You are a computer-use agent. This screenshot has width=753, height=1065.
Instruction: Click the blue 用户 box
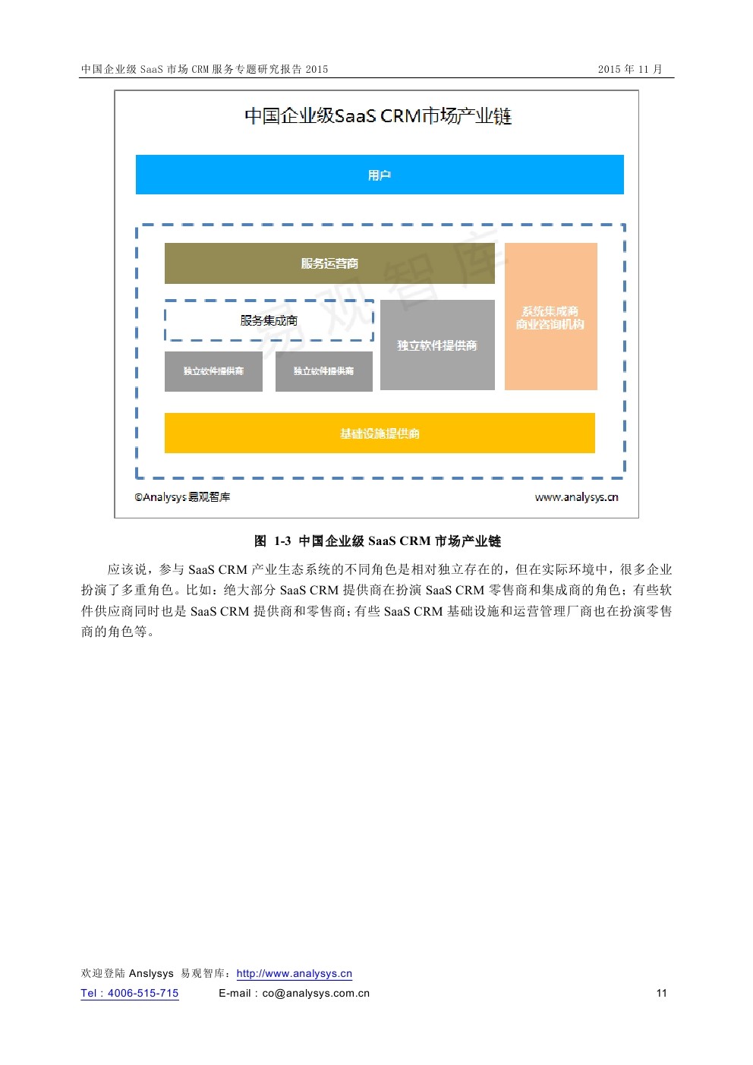click(x=380, y=175)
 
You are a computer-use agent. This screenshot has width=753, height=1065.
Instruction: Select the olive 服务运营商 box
click(x=329, y=263)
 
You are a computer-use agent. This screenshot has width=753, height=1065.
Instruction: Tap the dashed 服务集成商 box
click(x=269, y=320)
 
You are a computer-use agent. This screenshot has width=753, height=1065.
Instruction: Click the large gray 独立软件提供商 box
click(x=437, y=345)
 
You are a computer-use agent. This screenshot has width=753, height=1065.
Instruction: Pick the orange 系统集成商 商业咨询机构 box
click(x=550, y=317)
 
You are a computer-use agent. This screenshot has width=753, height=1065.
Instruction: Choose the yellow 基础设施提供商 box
click(x=380, y=433)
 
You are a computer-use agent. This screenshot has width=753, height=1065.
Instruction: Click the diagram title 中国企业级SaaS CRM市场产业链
click(x=378, y=116)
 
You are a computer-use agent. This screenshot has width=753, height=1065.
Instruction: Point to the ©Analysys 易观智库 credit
click(x=182, y=497)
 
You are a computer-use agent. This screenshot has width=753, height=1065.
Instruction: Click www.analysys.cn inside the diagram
click(x=576, y=497)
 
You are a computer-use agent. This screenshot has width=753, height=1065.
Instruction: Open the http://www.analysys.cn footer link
click(x=295, y=974)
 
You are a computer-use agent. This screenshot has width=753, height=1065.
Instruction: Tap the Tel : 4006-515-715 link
click(x=130, y=993)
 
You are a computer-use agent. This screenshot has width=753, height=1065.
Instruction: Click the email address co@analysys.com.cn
click(x=316, y=993)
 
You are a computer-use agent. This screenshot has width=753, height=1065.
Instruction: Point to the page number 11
click(x=662, y=993)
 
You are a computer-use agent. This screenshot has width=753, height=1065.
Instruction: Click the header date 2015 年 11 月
click(x=629, y=69)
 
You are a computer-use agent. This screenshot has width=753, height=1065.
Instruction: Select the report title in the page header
click(x=205, y=69)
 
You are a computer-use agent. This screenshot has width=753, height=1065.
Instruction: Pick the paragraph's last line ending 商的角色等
click(x=118, y=632)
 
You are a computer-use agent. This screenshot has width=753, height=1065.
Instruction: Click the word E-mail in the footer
click(x=235, y=993)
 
